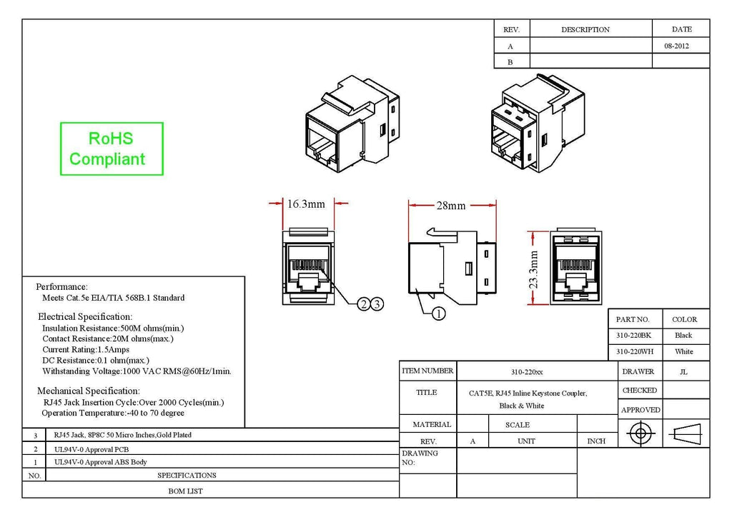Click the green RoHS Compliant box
pos(112,149)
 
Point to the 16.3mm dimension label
pos(306,204)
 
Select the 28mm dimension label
pos(451,206)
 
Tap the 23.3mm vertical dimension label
pos(533,269)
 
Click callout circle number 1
pos(438,313)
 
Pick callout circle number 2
pos(364,304)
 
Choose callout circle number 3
pos(377,304)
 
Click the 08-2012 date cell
pos(676,46)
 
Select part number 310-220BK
pos(633,335)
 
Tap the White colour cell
pos(684,351)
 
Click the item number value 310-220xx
pos(527,372)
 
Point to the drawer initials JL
pos(683,372)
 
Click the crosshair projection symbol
pos(640,433)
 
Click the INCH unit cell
pos(596,441)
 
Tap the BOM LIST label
pos(185,491)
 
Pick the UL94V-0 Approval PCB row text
pos(91,449)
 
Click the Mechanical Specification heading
pos(88,391)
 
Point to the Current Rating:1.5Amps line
pos(86,350)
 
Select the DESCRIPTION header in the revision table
pos(585,29)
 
